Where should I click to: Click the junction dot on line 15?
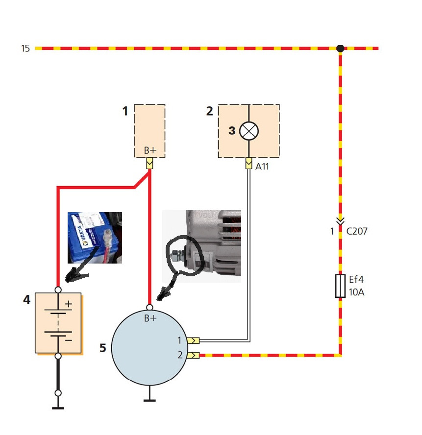point(340,48)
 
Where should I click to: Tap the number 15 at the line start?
point(25,48)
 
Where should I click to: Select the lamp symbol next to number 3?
point(249,131)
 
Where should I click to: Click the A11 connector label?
point(263,166)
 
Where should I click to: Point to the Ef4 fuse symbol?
point(340,286)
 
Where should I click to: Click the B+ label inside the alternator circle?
point(150,318)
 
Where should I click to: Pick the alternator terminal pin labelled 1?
point(194,340)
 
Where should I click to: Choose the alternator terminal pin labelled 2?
point(194,355)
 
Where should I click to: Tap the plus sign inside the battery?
point(69,304)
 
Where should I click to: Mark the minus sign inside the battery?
point(69,339)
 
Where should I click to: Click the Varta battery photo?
point(94,238)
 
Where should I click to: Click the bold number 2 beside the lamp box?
point(210,112)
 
